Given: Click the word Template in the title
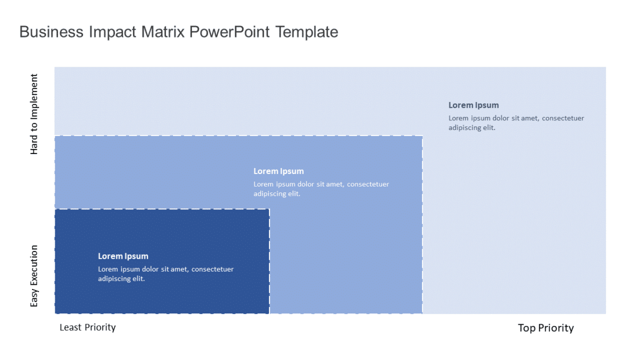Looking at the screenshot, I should coord(306,32).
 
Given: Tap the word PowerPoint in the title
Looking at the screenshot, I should coord(230,32).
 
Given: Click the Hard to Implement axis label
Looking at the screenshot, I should coord(34,114).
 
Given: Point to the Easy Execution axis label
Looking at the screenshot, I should coord(34,276).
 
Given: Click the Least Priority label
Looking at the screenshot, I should coord(87,327).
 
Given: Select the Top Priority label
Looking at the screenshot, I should coord(546,327).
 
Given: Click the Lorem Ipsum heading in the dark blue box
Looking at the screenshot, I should coord(123,256).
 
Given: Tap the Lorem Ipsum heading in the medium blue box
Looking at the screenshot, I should coord(279,171).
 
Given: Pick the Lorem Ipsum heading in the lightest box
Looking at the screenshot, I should coord(473,105).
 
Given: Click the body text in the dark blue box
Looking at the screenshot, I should coord(165,274).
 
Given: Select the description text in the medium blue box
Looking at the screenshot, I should coord(321,189).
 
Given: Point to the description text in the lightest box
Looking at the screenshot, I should coord(516,123).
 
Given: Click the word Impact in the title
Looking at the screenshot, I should coord(110,32).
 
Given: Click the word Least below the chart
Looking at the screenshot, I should coord(71,327).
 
